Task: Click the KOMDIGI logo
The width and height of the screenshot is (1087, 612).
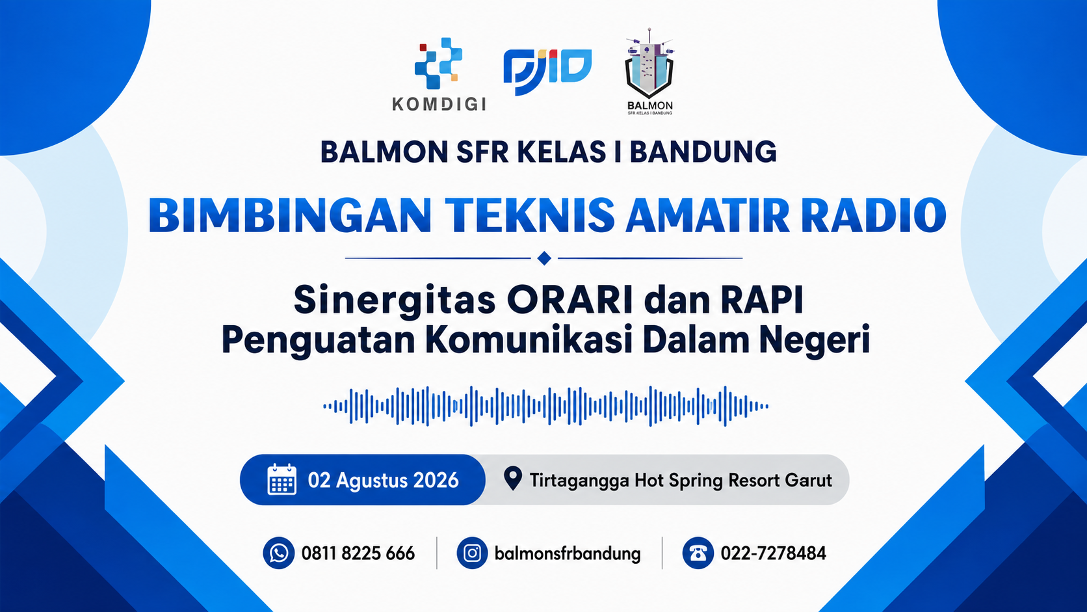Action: (x=439, y=74)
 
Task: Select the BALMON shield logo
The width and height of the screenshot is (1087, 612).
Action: (x=649, y=72)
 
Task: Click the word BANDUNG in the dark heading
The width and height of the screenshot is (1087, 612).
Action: (x=703, y=152)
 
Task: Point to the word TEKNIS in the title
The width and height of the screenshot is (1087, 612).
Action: (x=530, y=215)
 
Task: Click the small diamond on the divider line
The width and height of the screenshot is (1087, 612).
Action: (x=544, y=258)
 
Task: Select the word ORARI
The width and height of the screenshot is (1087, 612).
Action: (x=570, y=300)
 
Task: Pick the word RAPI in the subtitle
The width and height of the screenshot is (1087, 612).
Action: (x=763, y=300)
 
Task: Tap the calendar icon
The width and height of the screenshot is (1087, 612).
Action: (x=282, y=479)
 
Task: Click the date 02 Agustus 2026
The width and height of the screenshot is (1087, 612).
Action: (x=384, y=481)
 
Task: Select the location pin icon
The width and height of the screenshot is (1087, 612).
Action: (x=512, y=479)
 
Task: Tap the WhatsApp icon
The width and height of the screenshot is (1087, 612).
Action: (x=278, y=553)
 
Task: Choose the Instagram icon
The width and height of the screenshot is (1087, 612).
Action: (x=472, y=553)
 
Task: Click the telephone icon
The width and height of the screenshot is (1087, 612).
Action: (x=698, y=553)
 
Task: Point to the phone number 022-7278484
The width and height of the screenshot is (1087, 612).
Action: (x=774, y=553)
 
